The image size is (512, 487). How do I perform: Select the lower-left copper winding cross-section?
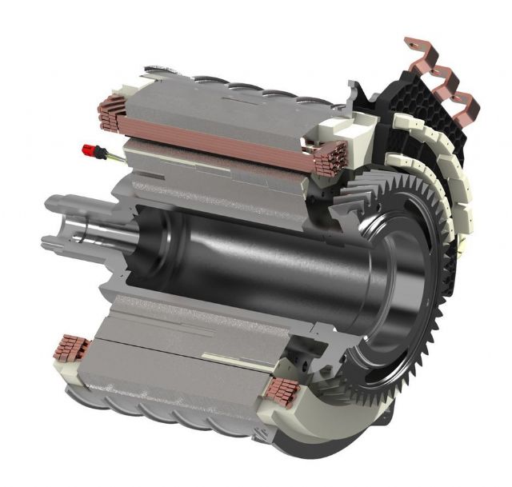71,349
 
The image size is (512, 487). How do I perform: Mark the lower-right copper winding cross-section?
281,389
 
